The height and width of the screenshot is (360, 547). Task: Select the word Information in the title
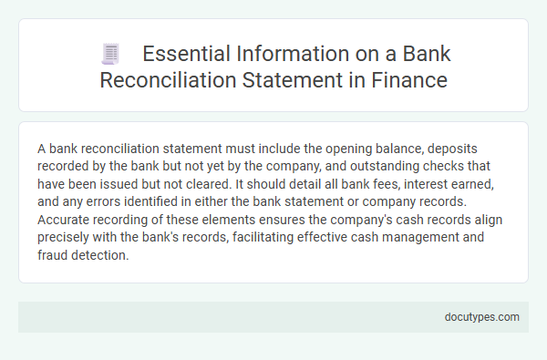[x=292, y=54]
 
